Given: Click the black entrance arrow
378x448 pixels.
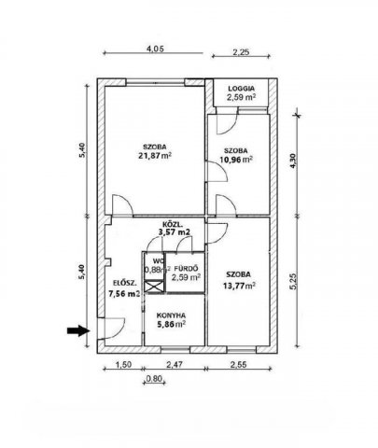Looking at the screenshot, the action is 77,330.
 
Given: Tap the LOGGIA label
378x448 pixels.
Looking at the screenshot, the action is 241,89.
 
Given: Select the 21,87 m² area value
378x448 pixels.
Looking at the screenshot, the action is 155,155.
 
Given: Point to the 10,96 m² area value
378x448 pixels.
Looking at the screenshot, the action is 235,160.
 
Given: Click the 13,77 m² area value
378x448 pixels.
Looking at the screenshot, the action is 239,285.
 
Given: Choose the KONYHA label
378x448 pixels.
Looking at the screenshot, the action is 171,315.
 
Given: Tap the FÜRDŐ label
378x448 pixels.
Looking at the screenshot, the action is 186,268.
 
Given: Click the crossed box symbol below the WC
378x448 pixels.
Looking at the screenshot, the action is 154,287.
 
